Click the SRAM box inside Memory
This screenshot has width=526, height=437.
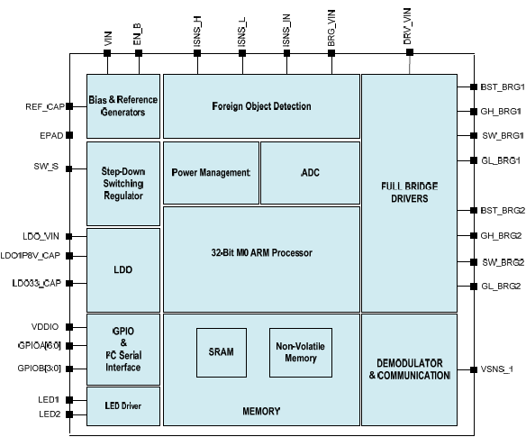pos(222,352)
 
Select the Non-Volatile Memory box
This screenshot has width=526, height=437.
pos(301,352)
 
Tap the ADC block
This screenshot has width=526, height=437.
pos(311,172)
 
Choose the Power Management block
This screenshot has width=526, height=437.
pos(211,172)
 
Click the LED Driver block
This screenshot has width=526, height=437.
pos(123,406)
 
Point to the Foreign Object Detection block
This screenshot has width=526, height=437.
pos(262,106)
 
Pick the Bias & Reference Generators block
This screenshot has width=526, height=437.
pos(123,106)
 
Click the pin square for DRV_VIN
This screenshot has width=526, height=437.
pos(410,52)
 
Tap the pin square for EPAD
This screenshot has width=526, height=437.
pos(69,135)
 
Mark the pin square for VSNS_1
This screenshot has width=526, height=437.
pos(474,369)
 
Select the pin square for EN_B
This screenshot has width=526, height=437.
pos(139,53)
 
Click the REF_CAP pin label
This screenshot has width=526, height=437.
pos(45,106)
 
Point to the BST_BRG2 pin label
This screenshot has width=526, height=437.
pos(503,211)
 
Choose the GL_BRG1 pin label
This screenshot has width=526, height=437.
pos(501,160)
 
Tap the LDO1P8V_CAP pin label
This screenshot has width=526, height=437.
pos(31,256)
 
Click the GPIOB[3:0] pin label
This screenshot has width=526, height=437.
pos(40,369)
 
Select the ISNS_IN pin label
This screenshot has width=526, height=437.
pos(286,31)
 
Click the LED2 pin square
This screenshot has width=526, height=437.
pos(69,414)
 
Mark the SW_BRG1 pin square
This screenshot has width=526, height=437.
pos(474,135)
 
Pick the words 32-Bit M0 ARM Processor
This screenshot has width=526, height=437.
pos(262,252)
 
